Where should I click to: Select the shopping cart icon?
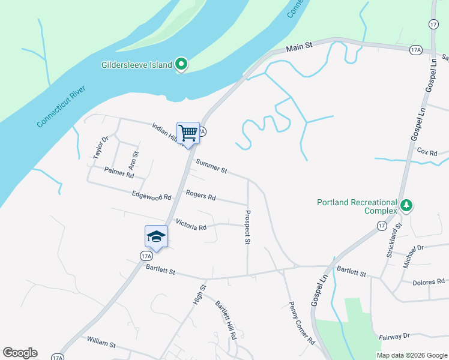[188, 133]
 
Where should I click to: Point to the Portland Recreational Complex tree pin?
[407, 206]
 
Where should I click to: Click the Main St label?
[300, 47]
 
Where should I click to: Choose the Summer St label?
[211, 167]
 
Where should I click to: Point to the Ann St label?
[134, 161]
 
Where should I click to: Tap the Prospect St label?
[247, 227]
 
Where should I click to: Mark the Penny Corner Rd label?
[302, 322]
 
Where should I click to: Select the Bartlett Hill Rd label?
[226, 320]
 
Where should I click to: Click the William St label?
[101, 343]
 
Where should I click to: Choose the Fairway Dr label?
[394, 337]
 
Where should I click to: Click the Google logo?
[20, 353]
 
